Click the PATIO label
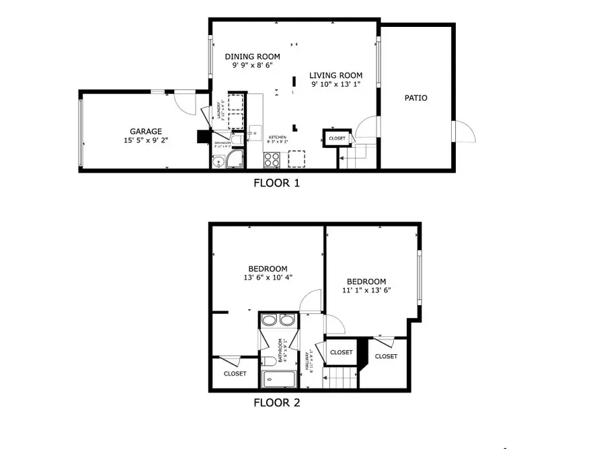415,98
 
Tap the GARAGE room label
146,131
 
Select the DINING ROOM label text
252,57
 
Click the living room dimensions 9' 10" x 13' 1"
336,85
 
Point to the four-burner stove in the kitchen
272,160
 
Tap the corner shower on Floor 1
234,160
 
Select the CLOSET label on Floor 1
337,138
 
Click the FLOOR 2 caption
276,403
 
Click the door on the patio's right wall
463,131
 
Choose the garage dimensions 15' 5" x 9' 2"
146,140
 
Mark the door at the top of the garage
179,101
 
